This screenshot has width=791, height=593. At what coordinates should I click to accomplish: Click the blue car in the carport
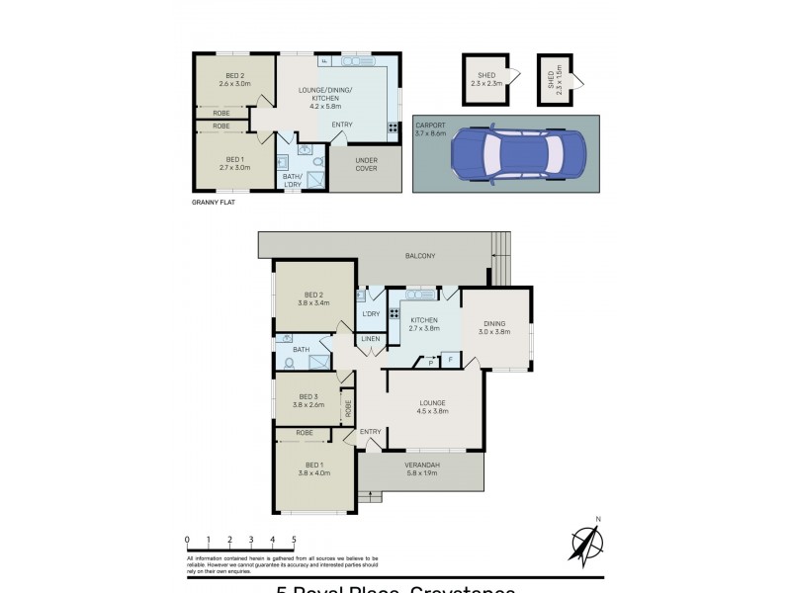517,153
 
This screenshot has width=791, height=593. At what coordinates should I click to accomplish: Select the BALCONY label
420,256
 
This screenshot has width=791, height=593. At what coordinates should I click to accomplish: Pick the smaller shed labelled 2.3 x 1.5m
551,78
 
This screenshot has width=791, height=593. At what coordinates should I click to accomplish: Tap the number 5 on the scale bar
294,540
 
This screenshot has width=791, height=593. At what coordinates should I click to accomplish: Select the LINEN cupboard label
371,339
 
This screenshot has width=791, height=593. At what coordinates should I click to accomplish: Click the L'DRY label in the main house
372,314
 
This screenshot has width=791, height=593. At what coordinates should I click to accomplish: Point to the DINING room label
495,327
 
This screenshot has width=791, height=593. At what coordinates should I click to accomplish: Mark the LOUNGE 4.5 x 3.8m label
432,406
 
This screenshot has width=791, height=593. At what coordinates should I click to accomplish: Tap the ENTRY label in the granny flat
342,124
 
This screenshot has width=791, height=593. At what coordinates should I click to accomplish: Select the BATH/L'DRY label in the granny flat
293,179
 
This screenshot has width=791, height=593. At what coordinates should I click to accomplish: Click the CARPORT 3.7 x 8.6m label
431,129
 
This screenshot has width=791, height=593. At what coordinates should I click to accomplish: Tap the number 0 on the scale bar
187,540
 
